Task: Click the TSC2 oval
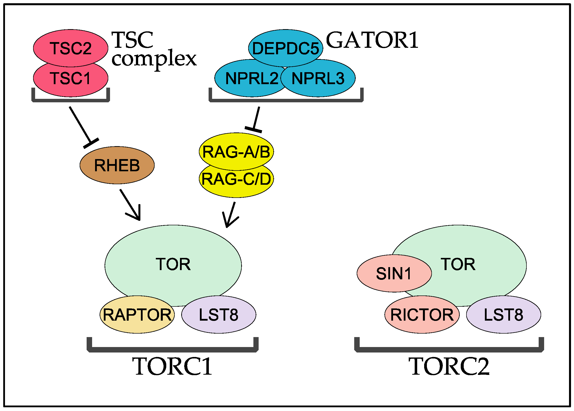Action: (x=71, y=48)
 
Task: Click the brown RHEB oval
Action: (x=117, y=165)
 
